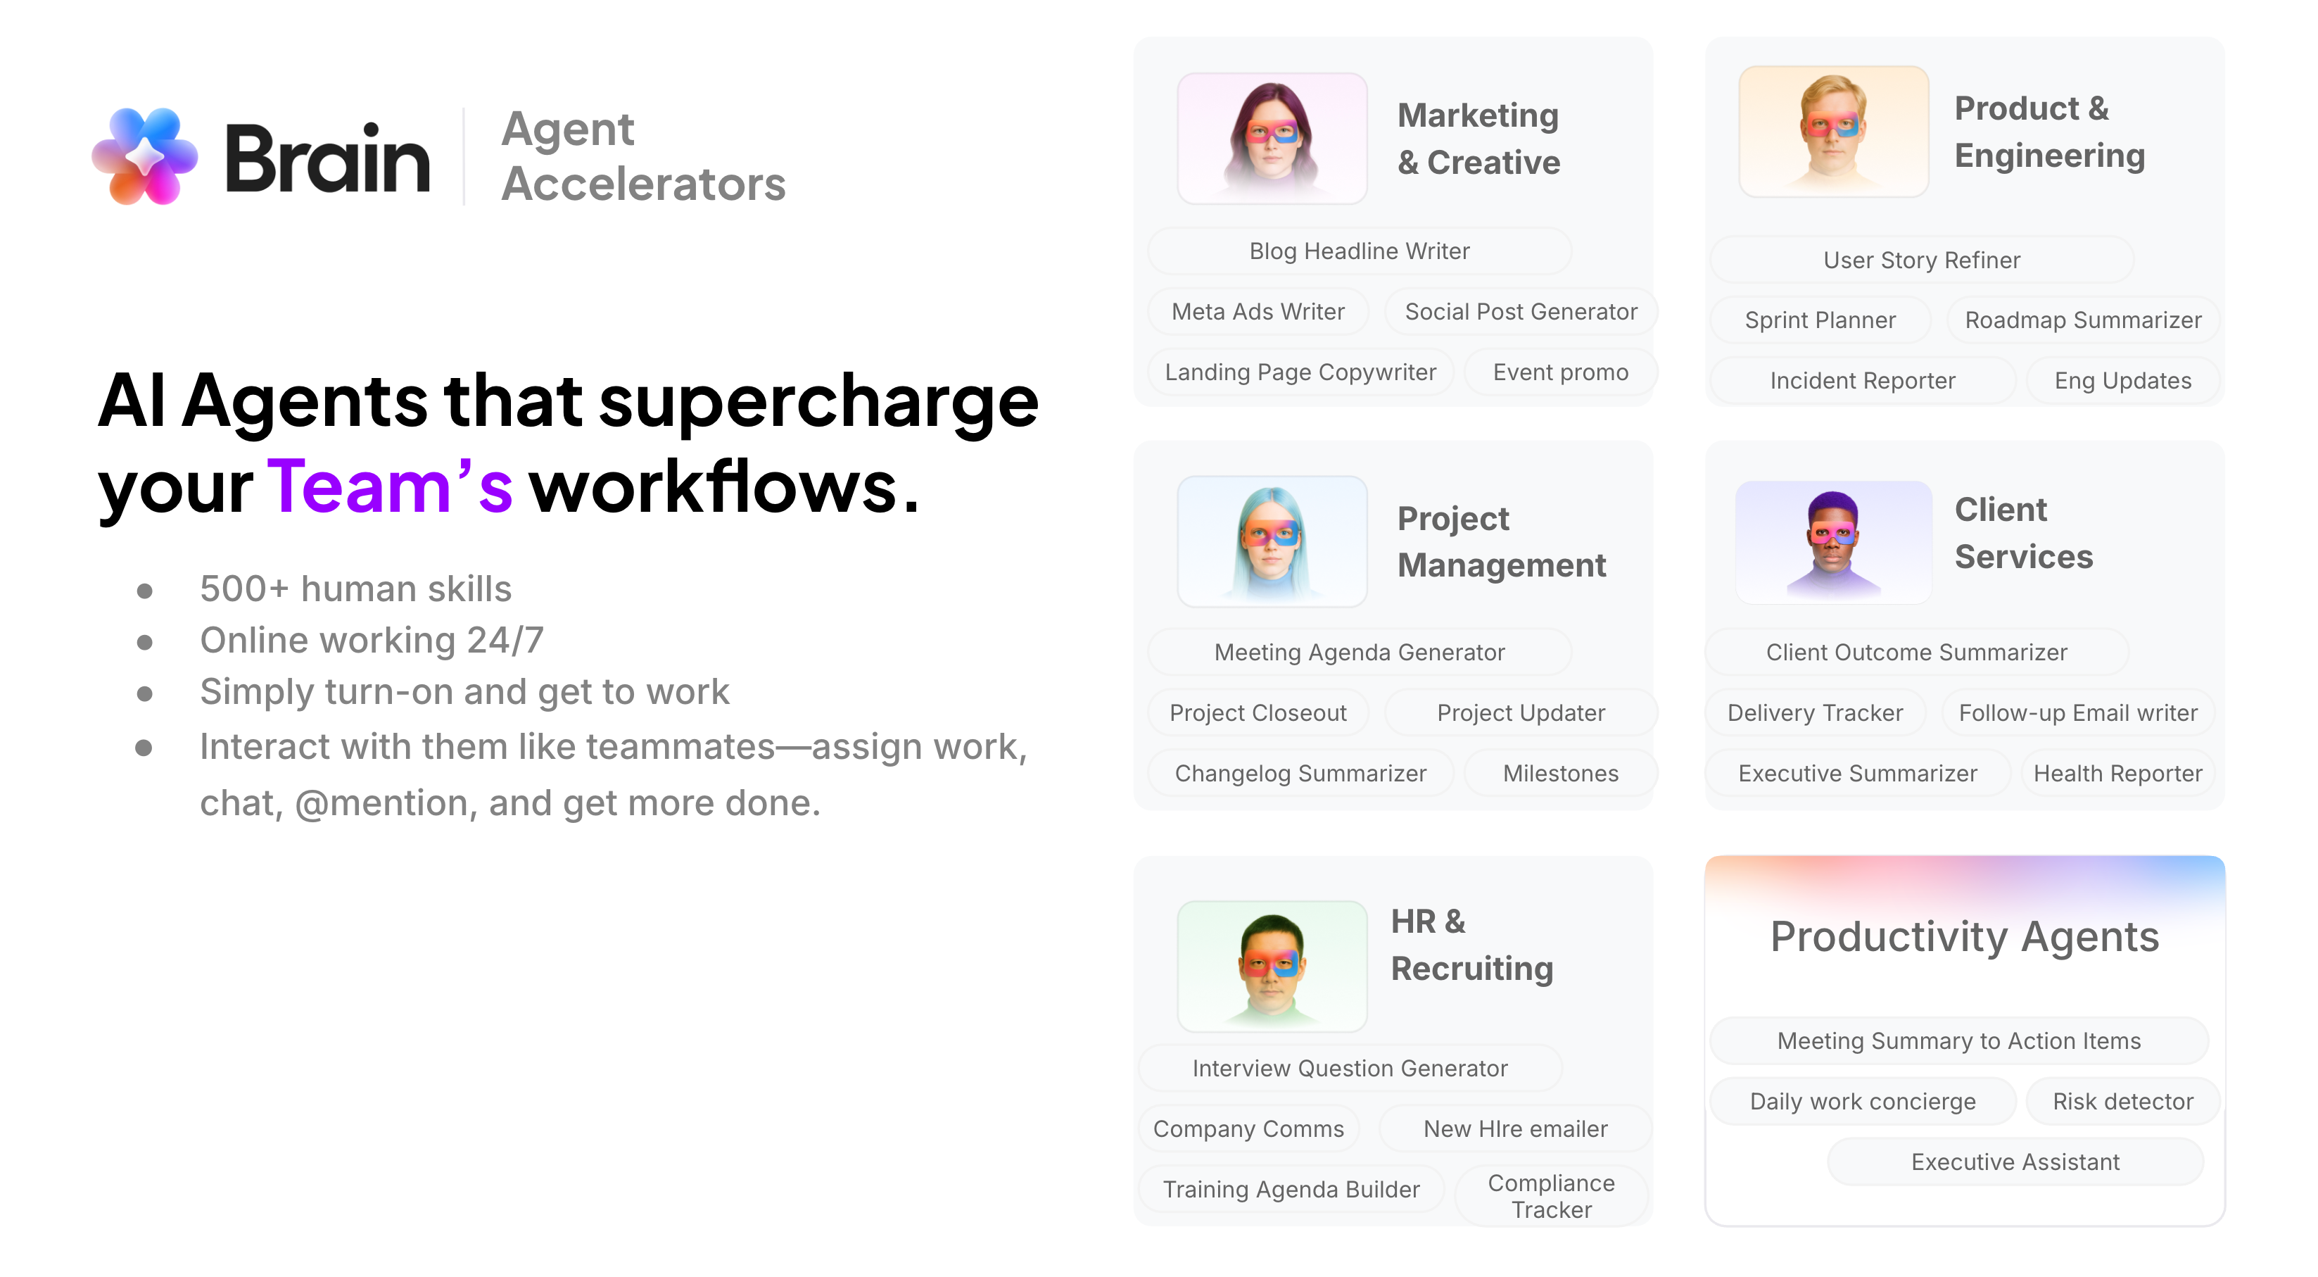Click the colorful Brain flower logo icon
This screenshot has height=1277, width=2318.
(x=145, y=156)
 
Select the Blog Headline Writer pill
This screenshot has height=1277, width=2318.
(x=1359, y=251)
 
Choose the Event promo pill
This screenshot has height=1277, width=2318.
(x=1559, y=372)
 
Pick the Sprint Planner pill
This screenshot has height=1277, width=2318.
(x=1820, y=320)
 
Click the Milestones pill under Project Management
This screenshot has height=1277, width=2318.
(x=1559, y=773)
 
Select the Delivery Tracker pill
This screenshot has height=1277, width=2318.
(x=1814, y=712)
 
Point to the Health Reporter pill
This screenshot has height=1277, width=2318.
(x=2117, y=773)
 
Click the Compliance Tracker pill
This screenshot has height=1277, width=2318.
(x=1550, y=1196)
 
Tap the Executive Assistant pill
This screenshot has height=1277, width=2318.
(x=2015, y=1162)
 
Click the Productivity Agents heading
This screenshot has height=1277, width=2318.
(x=1963, y=937)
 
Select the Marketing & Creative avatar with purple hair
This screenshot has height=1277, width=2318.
(x=1272, y=139)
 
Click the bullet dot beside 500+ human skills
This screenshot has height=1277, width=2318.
(x=145, y=591)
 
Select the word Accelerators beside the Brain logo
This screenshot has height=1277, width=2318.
(x=642, y=184)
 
